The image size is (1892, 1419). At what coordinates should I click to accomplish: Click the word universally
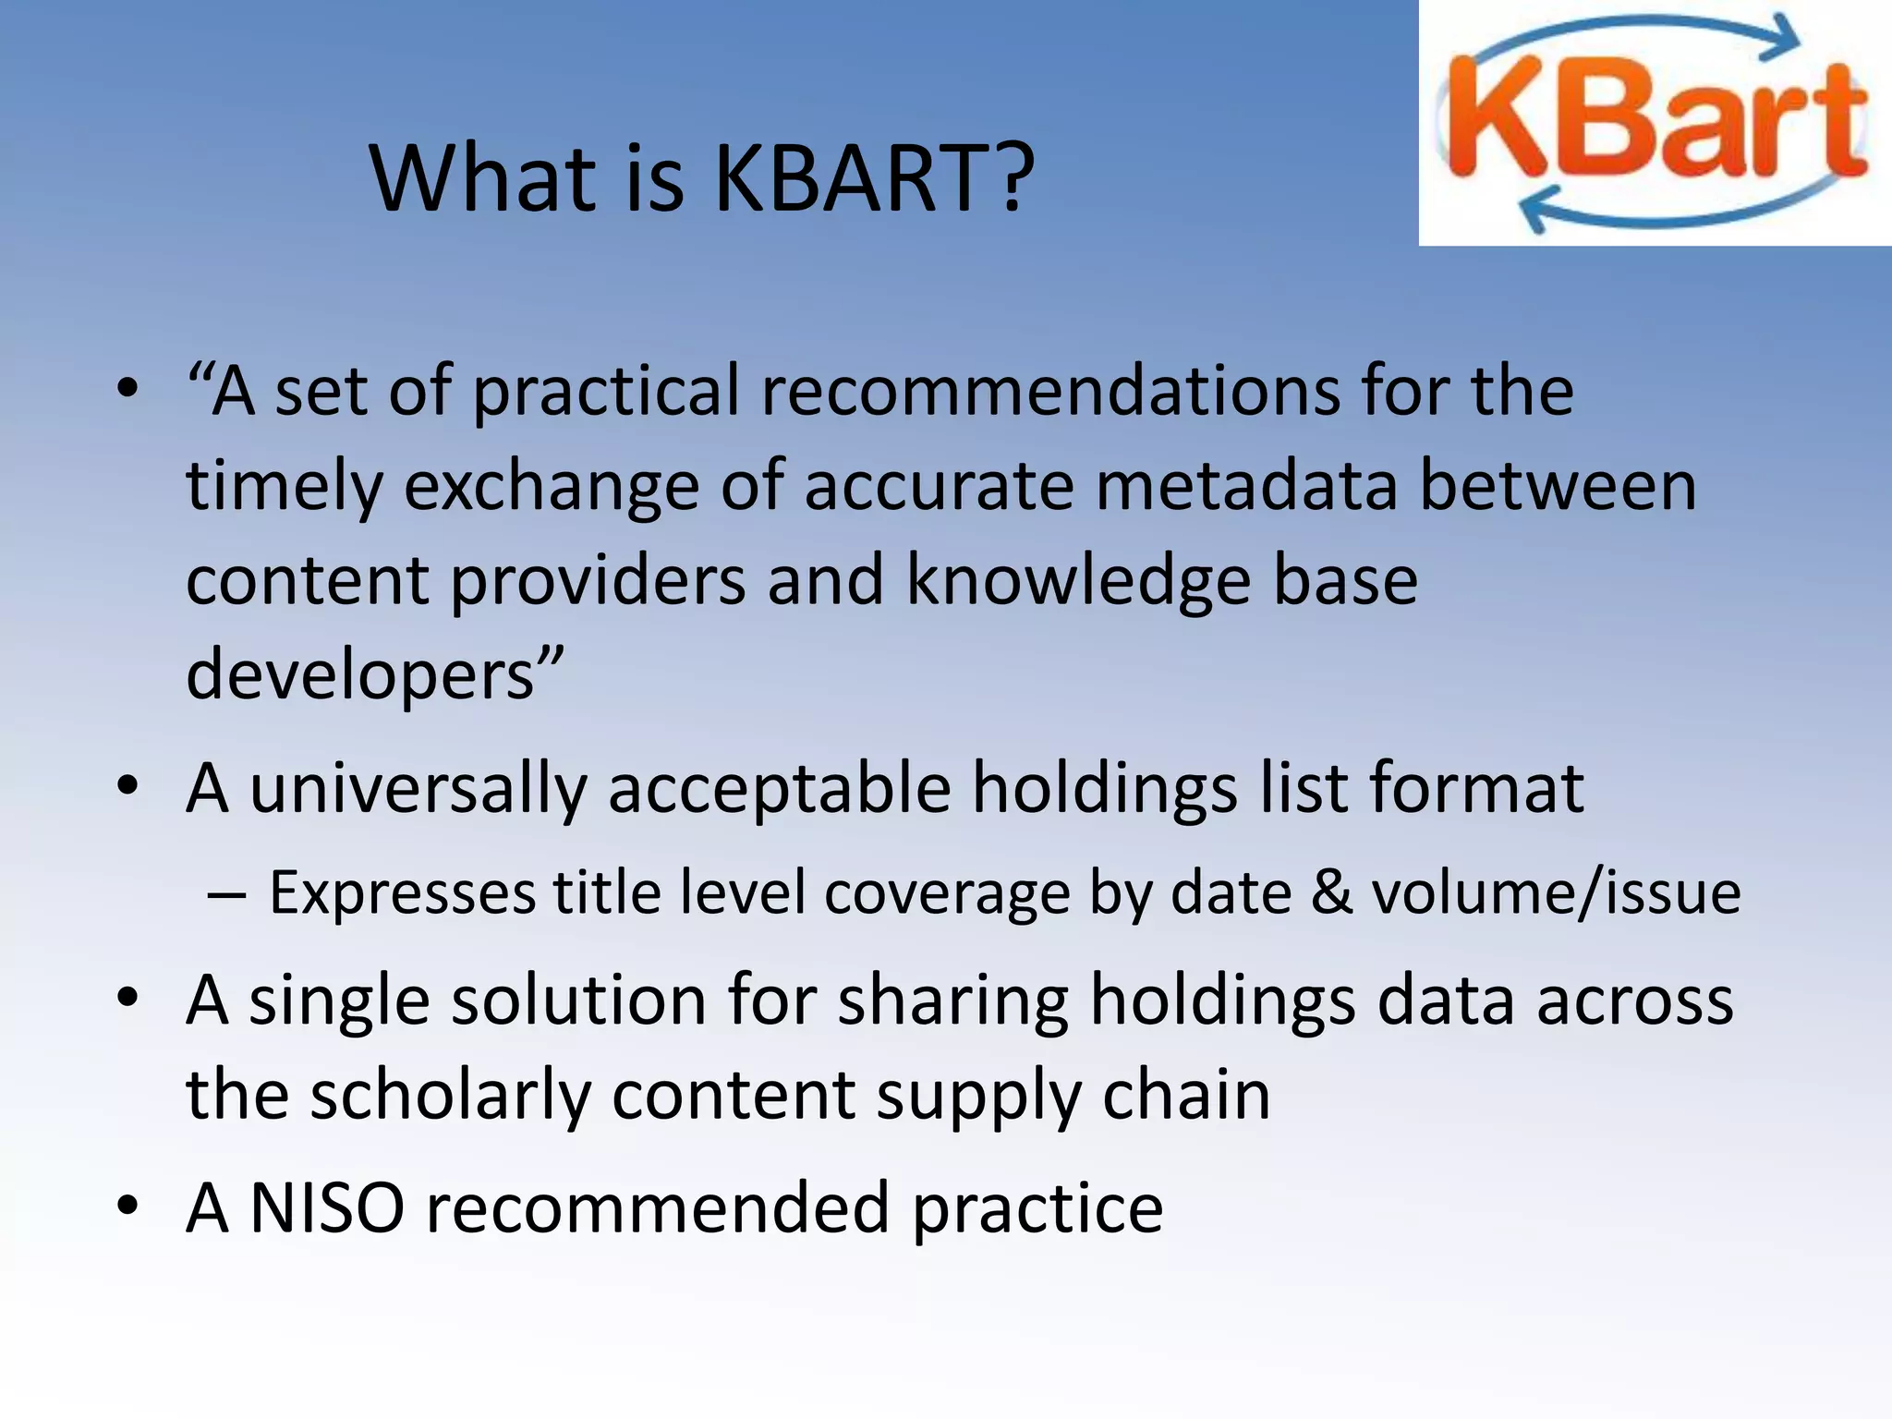[x=418, y=790]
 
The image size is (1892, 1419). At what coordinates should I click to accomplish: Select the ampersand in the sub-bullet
[x=1330, y=894]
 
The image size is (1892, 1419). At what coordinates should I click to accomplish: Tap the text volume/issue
[x=1556, y=894]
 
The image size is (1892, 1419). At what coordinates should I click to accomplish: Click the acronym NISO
[x=327, y=1208]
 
